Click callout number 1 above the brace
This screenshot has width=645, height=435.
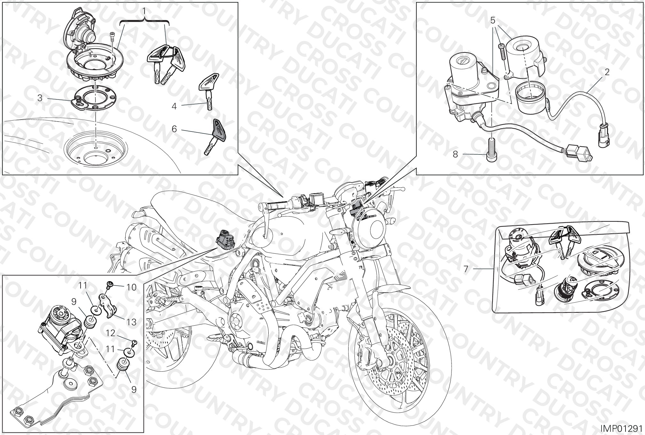(144, 11)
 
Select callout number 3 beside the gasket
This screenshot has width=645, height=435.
(40, 98)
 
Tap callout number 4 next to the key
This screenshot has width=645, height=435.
(174, 106)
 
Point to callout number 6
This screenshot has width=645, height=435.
(174, 129)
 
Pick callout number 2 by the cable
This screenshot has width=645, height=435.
(607, 72)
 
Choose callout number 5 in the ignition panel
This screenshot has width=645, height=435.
(493, 21)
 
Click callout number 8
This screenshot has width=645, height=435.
(455, 154)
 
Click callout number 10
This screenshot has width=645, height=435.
(131, 287)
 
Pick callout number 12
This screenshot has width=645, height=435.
(110, 333)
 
